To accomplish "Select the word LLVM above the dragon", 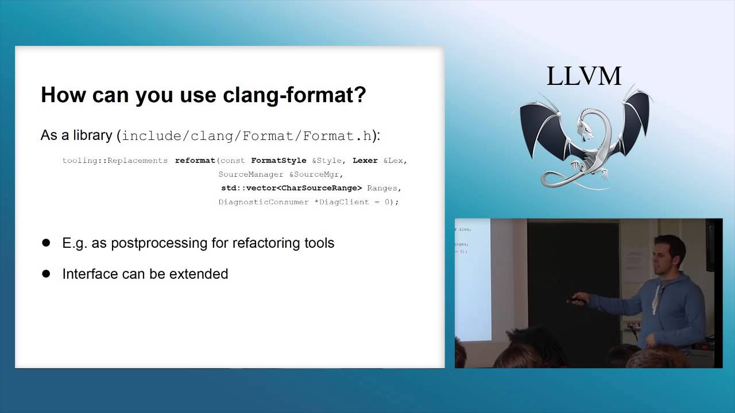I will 583,76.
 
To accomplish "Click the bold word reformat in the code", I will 195,161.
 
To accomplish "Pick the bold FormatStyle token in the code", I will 278,161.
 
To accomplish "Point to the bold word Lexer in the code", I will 365,161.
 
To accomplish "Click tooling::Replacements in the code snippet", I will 115,161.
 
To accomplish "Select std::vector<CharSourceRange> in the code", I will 292,188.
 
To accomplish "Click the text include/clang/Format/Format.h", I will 247,136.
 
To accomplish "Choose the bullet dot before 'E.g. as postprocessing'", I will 47,243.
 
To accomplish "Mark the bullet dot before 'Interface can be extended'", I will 47,274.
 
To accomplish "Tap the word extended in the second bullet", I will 201,274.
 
